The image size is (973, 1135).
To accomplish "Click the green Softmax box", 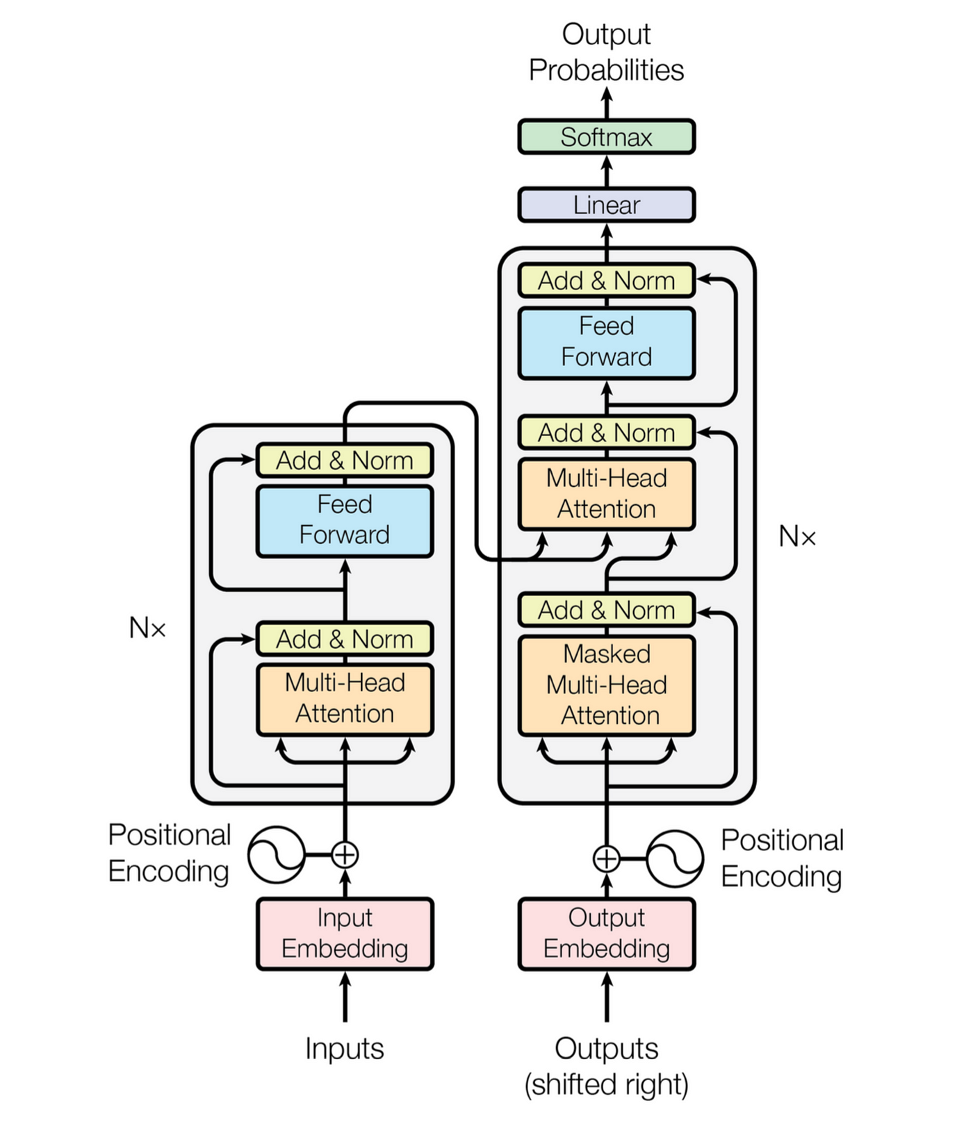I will pos(606,137).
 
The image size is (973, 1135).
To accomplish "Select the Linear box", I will pos(606,205).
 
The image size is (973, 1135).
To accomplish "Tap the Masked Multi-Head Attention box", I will pos(606,685).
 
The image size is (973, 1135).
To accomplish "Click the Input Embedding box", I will pos(345,934).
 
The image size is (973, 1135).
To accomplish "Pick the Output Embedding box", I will pos(606,934).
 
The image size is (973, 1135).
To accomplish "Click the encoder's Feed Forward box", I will pos(345,520).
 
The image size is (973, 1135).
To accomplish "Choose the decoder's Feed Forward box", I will pos(606,342).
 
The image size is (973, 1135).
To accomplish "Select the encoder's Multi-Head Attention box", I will pos(345,699).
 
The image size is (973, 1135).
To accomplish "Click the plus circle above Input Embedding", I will pos(345,854).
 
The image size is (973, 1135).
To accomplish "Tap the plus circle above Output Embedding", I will pos(606,859).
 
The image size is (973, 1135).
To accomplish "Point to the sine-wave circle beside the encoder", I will pos(277,854).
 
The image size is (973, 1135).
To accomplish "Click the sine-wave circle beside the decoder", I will pos(674,859).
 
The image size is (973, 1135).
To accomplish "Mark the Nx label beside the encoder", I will pos(147,628).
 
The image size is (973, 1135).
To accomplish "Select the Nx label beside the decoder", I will pos(796,536).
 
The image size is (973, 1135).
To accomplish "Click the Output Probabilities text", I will pos(606,52).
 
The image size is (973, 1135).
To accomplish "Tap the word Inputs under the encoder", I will pos(345,1048).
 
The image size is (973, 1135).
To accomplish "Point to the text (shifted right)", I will pos(606,1084).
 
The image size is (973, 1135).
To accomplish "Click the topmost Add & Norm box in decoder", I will pos(606,281).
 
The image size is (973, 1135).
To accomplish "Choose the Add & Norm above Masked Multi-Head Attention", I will pos(606,610).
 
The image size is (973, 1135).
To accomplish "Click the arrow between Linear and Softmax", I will pos(606,170).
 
